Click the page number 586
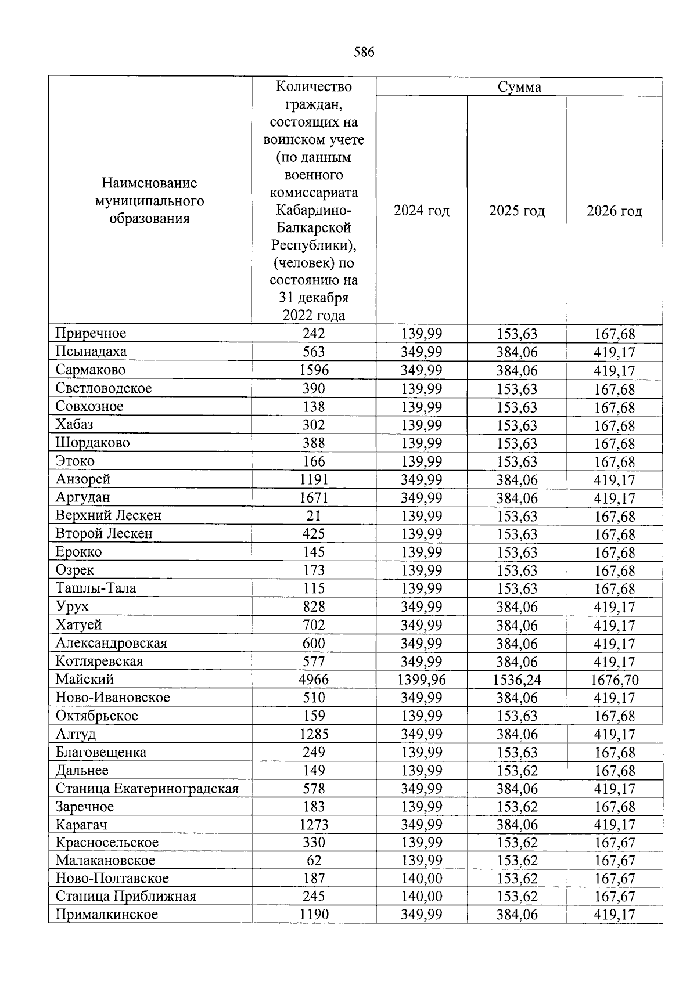[364, 53]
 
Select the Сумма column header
[519, 87]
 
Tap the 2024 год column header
[422, 211]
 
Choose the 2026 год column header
[614, 211]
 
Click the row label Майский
[85, 680]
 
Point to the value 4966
[314, 680]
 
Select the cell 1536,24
[517, 680]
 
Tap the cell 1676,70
[615, 680]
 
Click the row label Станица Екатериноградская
[147, 789]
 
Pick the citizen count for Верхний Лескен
[314, 516]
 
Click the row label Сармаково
[91, 370]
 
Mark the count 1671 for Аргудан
[314, 498]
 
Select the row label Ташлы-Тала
[96, 588]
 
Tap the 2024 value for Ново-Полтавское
[422, 879]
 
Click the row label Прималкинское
[107, 915]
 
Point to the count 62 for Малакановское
[314, 861]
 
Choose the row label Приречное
[91, 334]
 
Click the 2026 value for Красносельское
[615, 843]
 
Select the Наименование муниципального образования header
[150, 201]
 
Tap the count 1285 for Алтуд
[314, 734]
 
